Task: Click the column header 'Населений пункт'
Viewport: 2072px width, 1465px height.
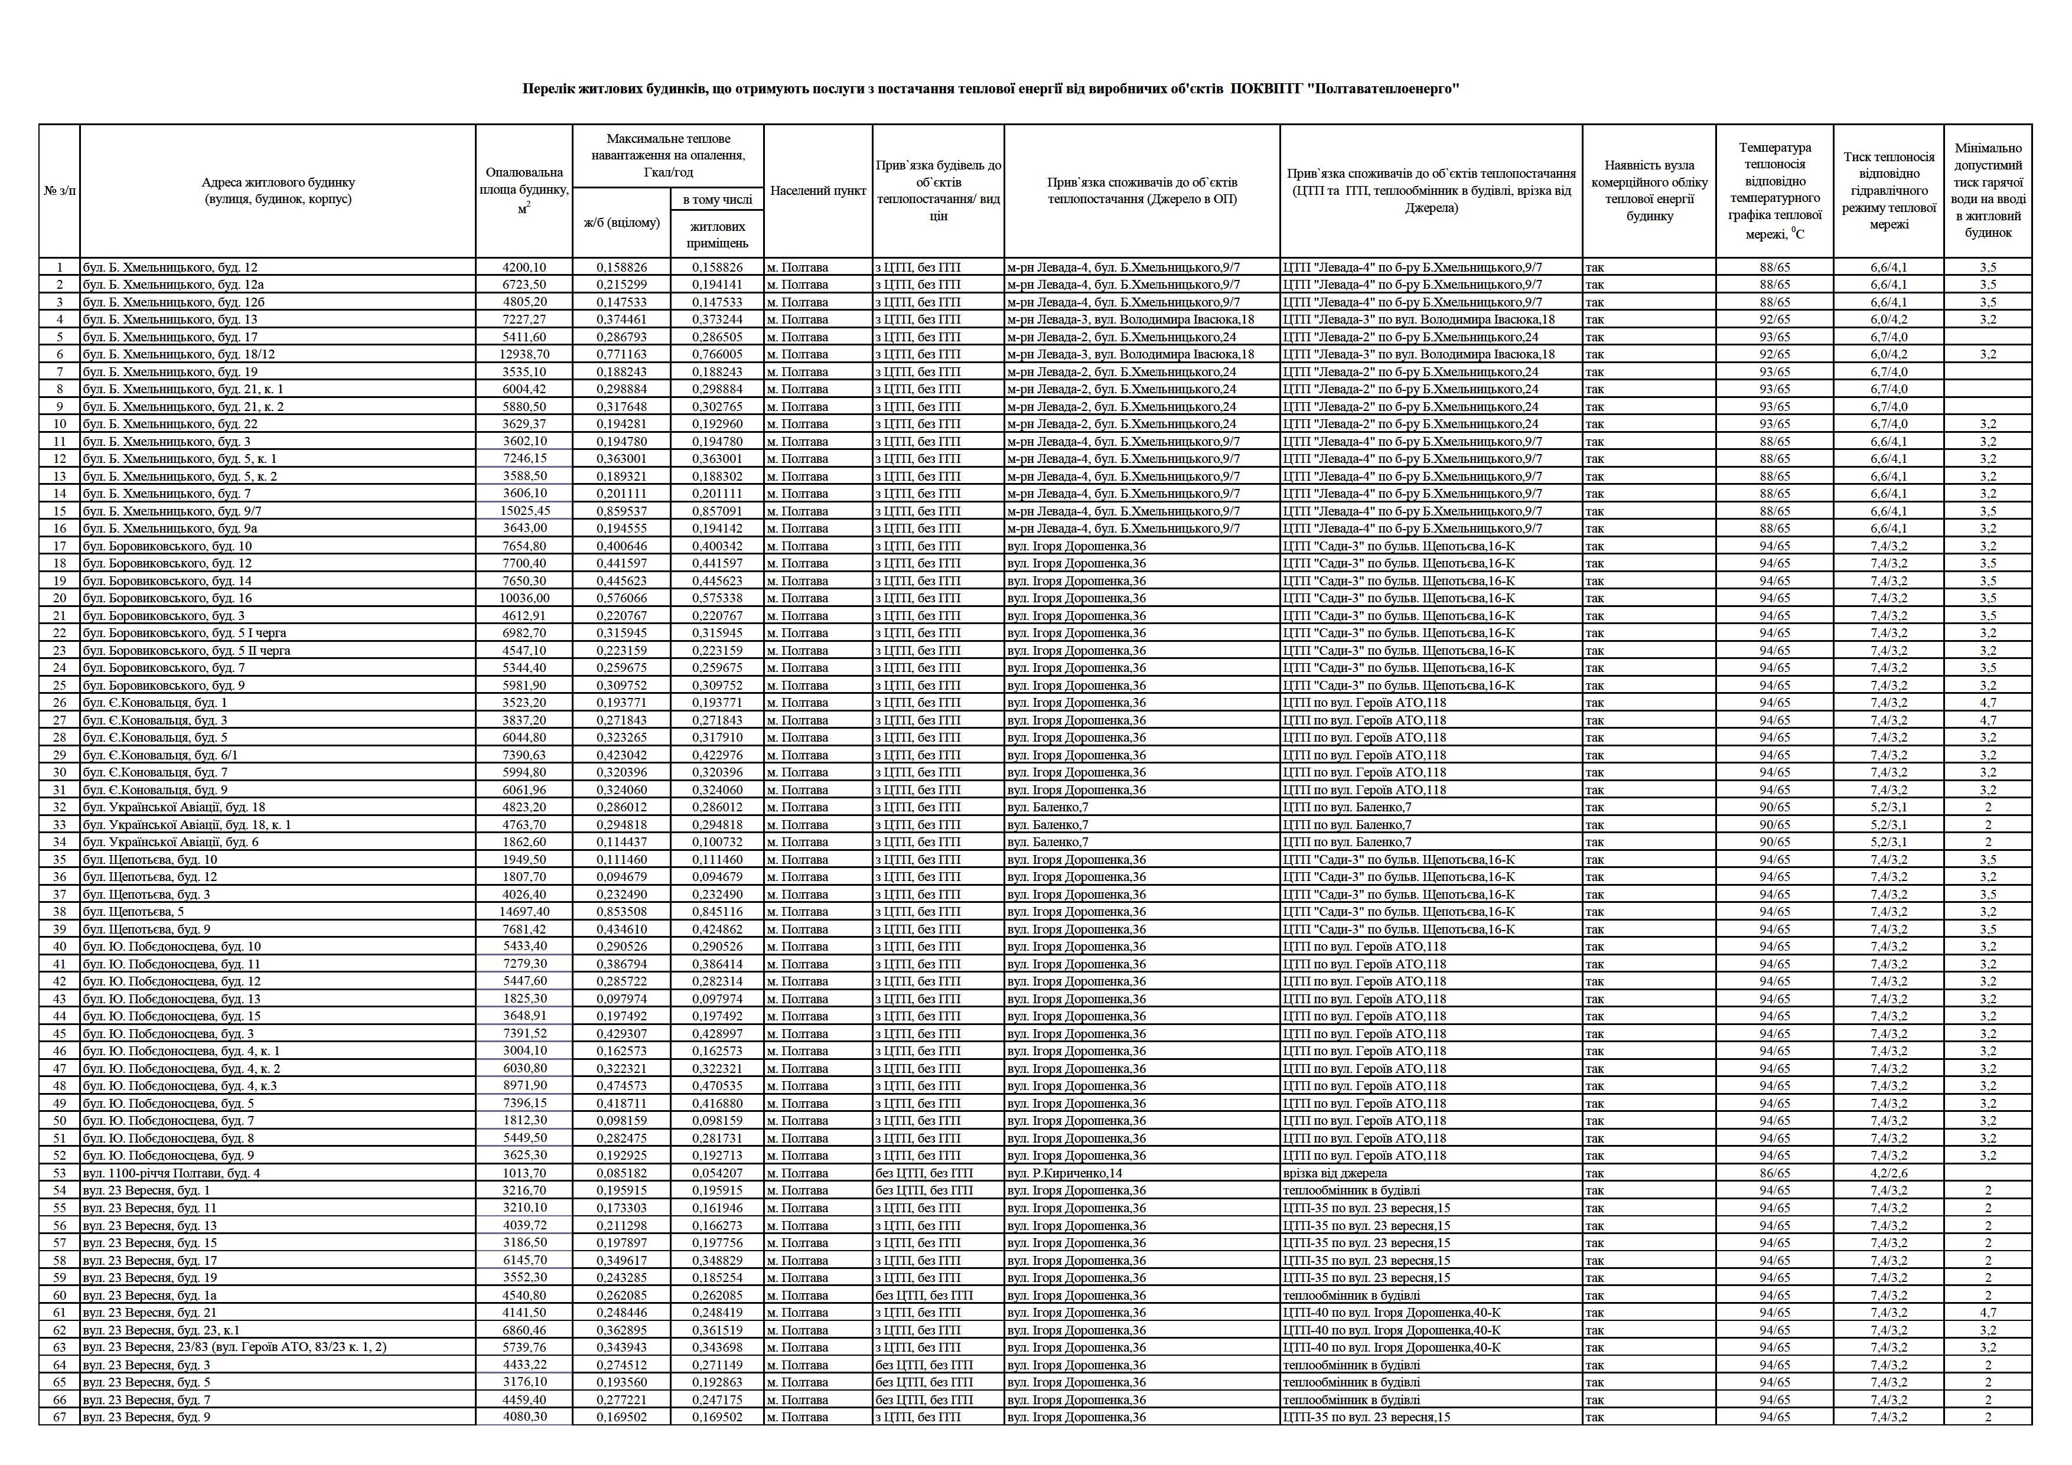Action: [x=817, y=190]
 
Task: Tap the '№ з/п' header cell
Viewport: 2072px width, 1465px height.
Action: [x=60, y=190]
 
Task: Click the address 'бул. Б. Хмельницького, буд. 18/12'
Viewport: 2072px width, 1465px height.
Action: [x=179, y=354]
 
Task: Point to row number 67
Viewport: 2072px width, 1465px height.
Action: [x=60, y=1417]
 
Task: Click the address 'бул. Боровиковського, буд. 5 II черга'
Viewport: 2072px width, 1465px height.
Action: [x=187, y=650]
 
